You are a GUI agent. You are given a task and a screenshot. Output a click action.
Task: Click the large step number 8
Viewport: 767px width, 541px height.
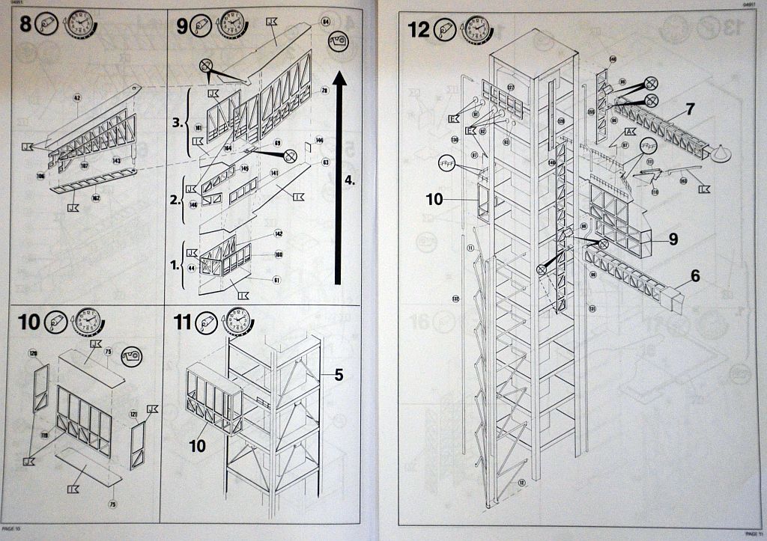coord(26,25)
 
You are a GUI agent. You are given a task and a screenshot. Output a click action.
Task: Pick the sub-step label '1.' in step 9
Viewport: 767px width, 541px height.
coord(177,264)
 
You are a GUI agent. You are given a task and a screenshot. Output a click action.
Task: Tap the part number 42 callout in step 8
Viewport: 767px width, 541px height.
coord(76,97)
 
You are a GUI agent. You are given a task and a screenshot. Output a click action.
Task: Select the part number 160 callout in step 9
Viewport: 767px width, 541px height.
coord(278,254)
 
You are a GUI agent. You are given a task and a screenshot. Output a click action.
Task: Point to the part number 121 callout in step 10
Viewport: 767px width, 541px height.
coord(133,413)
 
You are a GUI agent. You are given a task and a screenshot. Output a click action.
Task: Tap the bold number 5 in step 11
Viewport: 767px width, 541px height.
coord(339,375)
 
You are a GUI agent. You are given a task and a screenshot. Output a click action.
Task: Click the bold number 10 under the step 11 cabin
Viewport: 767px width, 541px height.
coord(197,445)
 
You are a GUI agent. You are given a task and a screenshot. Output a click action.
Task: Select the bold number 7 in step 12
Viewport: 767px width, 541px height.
coord(689,109)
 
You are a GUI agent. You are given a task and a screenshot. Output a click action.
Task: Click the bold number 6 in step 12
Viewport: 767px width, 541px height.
coord(695,276)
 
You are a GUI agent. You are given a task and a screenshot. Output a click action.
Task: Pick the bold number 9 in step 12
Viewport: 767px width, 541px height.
coord(673,239)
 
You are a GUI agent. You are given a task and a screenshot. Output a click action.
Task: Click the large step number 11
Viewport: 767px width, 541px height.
coord(183,323)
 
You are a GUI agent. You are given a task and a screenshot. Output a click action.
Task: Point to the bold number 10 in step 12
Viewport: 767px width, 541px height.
coord(434,199)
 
